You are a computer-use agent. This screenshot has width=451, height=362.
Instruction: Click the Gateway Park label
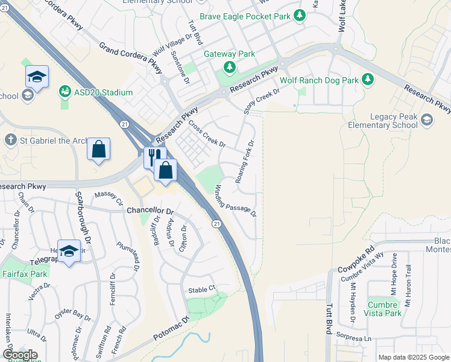coord(229,54)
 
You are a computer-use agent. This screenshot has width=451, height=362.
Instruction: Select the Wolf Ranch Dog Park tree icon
coord(367,80)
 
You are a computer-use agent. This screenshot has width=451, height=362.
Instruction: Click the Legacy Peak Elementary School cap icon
coord(427,119)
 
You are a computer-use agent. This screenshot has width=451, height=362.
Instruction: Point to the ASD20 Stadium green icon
coord(65,92)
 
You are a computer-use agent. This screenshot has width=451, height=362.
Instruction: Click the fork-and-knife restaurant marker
coord(154,157)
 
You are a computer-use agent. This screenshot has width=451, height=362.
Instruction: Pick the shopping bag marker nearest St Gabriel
coord(98,149)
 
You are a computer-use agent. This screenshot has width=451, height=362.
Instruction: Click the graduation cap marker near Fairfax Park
coord(69,252)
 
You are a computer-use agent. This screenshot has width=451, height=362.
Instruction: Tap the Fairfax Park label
coord(24,274)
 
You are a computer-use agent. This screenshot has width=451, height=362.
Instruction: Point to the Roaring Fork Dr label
coord(246,161)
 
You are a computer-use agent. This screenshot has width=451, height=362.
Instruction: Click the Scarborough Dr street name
coord(83,218)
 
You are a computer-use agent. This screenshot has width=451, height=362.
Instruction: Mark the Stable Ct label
coord(201,290)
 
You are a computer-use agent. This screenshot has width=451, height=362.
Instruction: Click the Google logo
coord(20,355)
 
